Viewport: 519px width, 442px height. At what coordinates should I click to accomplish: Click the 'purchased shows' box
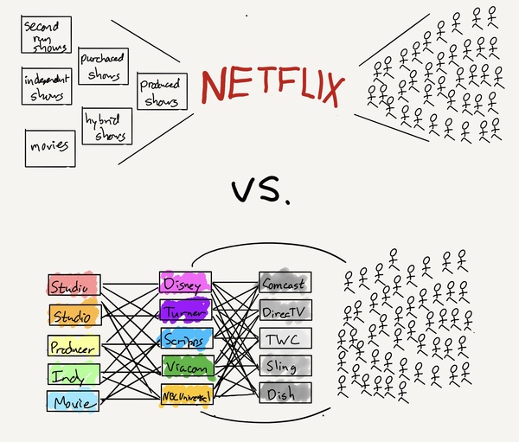103,66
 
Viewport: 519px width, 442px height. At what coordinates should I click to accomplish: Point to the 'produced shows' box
162,92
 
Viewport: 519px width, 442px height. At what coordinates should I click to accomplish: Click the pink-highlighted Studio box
74,285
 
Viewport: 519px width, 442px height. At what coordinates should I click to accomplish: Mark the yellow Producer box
74,346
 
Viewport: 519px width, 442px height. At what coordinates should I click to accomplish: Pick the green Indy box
74,374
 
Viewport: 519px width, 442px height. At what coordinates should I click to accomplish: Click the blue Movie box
74,400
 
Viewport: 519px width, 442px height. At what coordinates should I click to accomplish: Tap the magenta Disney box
184,284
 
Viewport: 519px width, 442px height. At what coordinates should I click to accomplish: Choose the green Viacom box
184,367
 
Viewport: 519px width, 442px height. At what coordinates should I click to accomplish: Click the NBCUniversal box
185,395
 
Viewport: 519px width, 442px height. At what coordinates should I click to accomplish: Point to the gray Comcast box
285,282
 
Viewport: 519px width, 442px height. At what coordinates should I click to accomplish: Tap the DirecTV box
285,310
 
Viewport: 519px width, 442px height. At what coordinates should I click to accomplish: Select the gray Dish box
285,393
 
